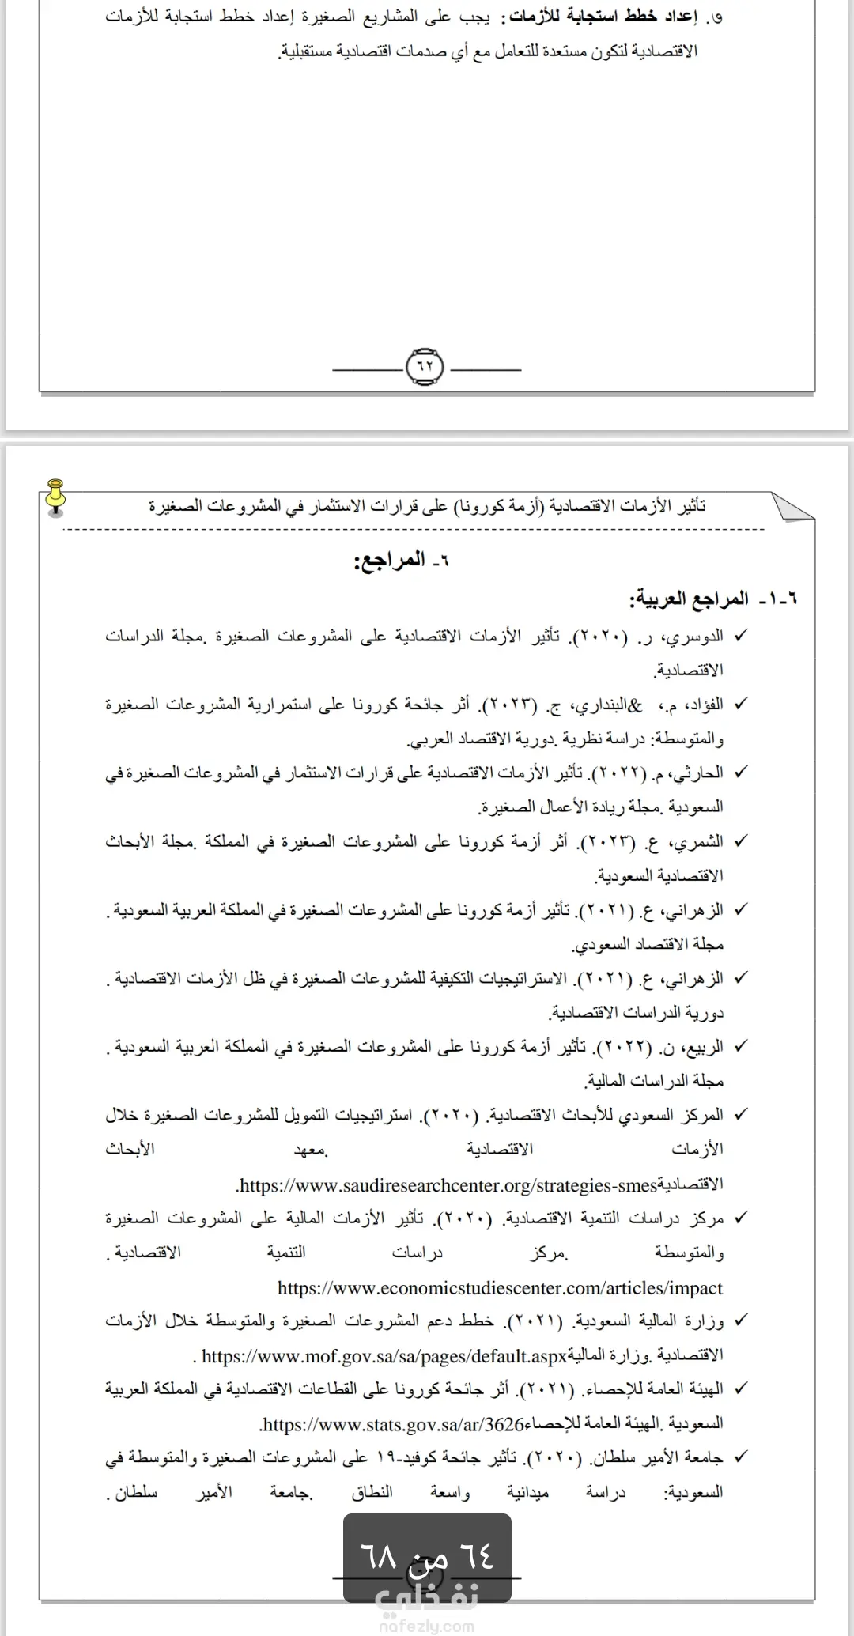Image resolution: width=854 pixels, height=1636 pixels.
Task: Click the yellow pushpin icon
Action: pos(55,497)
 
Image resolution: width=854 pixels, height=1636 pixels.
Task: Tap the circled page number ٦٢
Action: pos(425,367)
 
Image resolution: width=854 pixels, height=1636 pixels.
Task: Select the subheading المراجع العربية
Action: pos(688,599)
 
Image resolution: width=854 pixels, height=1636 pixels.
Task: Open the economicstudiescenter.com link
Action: pos(500,1288)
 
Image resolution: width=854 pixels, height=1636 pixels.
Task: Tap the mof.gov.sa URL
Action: pos(384,1357)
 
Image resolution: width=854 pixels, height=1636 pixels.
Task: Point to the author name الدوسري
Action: pos(696,637)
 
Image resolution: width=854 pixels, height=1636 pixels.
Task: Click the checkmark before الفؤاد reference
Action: pos(740,704)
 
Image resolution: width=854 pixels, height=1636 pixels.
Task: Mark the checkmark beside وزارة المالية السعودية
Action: pos(740,1321)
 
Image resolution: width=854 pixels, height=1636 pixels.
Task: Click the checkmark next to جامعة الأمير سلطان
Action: pos(740,1457)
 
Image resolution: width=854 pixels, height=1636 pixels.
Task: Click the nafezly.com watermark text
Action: pos(427,1626)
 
